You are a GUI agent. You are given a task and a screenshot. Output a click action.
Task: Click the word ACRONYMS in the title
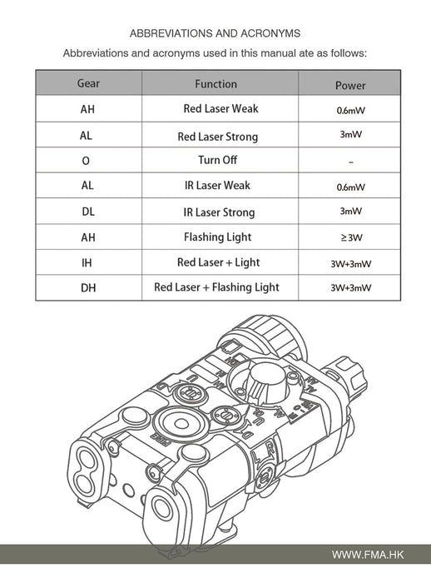(270, 33)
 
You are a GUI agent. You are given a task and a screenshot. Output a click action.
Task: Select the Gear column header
(88, 83)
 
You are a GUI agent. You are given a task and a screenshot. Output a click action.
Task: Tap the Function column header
(215, 84)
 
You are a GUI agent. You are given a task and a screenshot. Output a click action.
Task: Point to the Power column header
(350, 86)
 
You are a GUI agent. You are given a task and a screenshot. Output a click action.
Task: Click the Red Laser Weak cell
(220, 108)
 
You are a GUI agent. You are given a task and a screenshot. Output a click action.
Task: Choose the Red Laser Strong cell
(218, 137)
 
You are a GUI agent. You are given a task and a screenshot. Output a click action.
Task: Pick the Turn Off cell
(218, 160)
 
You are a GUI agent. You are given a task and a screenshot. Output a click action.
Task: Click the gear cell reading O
(86, 161)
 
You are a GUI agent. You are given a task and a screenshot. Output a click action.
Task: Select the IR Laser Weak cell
(217, 185)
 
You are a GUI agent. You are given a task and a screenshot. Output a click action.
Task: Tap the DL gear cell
(88, 212)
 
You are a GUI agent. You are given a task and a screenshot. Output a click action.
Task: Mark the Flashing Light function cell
(218, 237)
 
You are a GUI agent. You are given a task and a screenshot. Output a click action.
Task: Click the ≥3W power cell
(351, 237)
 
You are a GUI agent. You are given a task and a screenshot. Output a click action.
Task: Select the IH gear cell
(87, 263)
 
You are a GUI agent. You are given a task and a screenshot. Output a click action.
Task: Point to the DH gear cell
(88, 288)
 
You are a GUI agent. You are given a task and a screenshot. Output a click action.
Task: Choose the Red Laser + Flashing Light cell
(216, 287)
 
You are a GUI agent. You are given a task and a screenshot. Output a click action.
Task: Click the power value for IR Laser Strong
(351, 212)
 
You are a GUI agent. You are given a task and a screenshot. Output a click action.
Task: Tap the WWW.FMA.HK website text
(368, 556)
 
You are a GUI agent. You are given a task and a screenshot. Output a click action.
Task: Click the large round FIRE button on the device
(181, 424)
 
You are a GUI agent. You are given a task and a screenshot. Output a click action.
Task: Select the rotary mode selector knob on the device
(266, 383)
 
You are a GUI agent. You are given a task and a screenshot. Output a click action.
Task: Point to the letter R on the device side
(270, 449)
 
